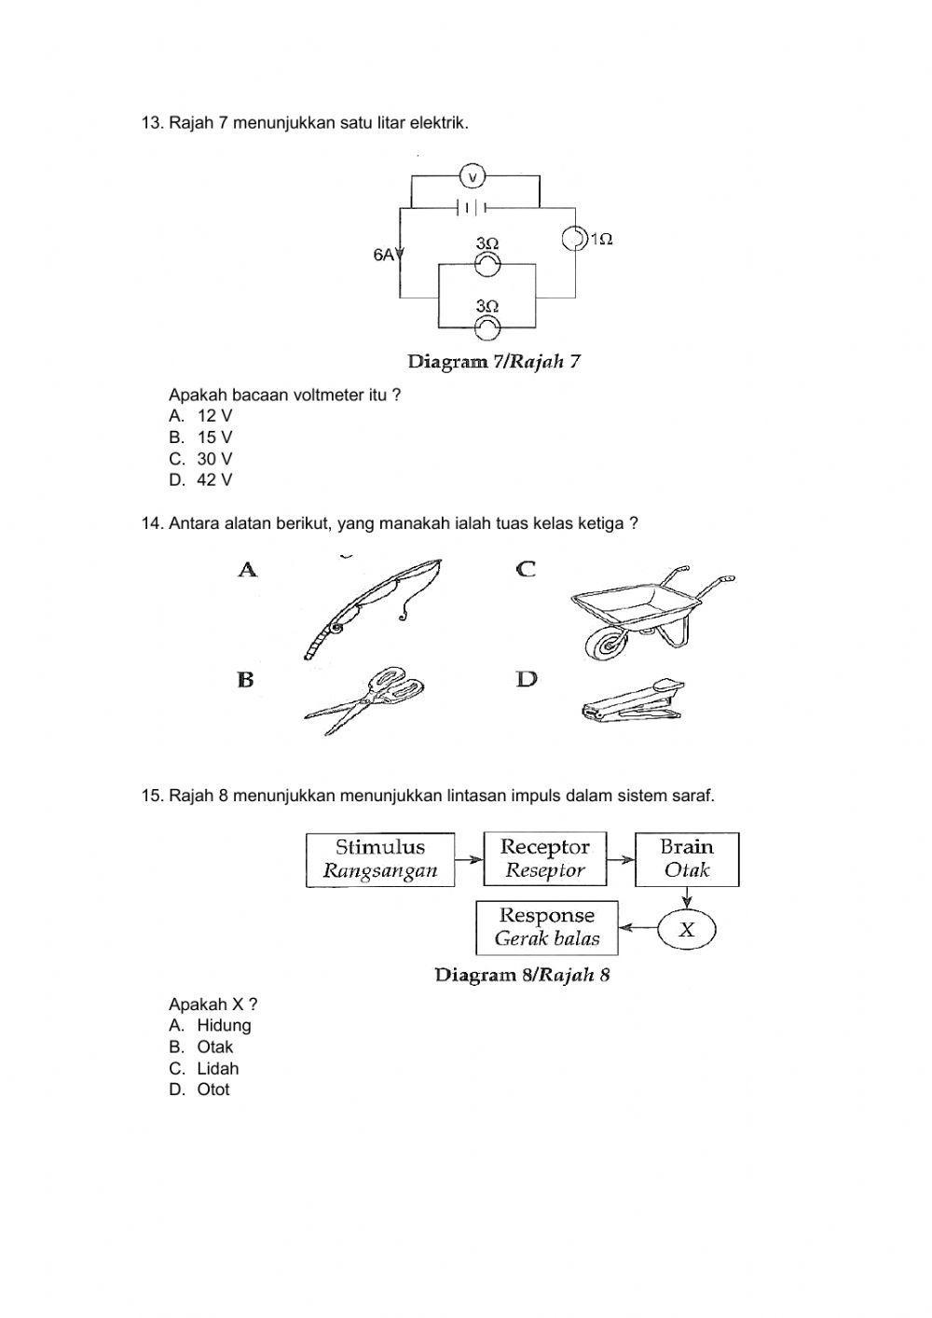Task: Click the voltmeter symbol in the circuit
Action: (473, 176)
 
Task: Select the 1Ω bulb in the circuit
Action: (574, 239)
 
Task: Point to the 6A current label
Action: (384, 255)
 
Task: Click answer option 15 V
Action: (214, 437)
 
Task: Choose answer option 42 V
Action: (214, 480)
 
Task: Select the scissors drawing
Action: (366, 695)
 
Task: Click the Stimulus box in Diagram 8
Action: (380, 859)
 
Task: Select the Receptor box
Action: (544, 859)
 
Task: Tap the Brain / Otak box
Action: (687, 859)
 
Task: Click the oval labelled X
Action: (687, 929)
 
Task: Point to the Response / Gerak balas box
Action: (546, 927)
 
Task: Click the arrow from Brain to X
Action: (687, 898)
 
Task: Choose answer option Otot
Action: (212, 1089)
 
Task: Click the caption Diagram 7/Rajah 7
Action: (494, 361)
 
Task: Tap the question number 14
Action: (152, 523)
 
